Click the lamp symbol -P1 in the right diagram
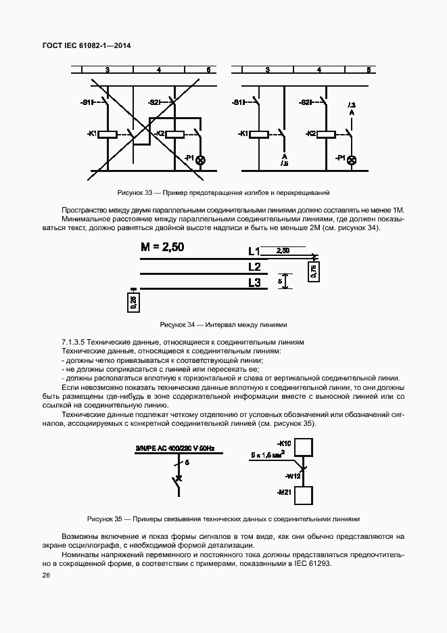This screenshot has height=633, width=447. coord(352,159)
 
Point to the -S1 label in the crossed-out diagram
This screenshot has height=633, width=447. coord(85,102)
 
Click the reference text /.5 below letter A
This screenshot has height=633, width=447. coord(284,164)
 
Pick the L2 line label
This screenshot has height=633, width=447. coord(254,267)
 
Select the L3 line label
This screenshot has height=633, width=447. coord(254,282)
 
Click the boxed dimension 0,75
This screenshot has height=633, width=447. coord(313,271)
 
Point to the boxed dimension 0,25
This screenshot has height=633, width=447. coord(133,302)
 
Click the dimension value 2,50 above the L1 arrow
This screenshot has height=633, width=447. coord(284,250)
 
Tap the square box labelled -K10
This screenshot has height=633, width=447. coord(306,448)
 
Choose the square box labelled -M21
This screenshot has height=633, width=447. coord(306,495)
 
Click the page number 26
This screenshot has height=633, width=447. coord(46,575)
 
